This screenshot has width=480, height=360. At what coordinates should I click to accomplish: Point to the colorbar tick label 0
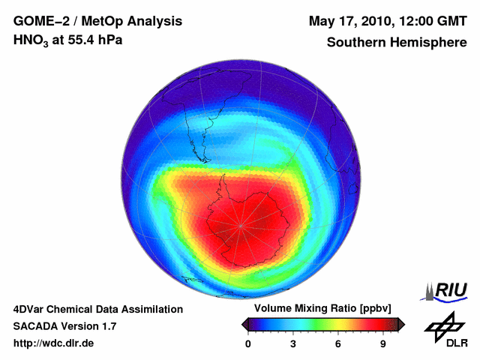click(x=248, y=343)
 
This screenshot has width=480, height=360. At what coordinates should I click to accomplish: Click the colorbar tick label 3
click(x=293, y=343)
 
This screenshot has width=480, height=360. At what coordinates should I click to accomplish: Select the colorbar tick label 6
click(x=338, y=343)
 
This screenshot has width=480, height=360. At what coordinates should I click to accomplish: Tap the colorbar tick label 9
click(x=383, y=343)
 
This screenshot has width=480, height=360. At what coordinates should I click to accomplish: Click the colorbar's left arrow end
click(x=244, y=324)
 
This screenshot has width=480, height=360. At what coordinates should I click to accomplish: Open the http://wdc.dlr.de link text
click(x=54, y=343)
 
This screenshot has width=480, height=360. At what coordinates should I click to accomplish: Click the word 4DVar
click(x=30, y=309)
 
